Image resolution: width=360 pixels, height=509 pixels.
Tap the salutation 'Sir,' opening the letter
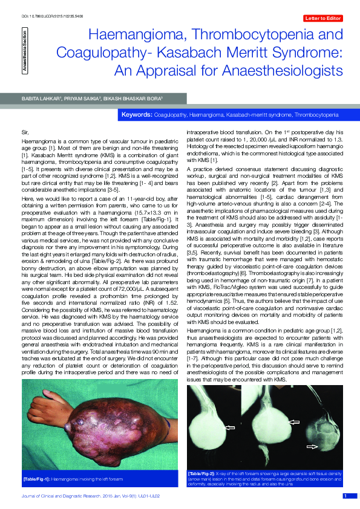(x=25, y=131)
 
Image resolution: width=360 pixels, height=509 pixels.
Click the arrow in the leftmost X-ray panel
(x=230, y=428)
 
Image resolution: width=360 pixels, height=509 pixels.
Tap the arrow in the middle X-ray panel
(x=293, y=421)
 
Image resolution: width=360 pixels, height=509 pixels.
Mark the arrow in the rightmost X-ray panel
(x=312, y=446)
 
